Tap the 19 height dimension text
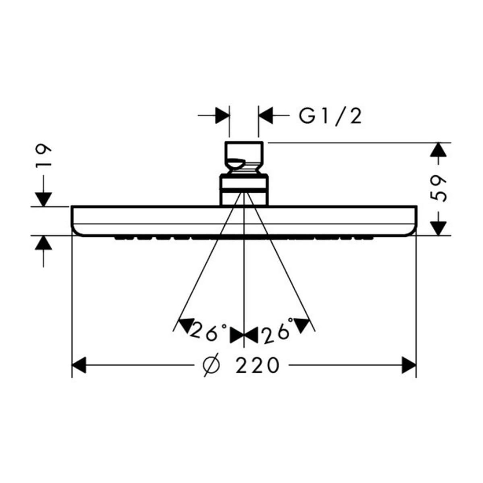[x=43, y=156]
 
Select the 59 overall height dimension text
[x=438, y=189]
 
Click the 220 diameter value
[x=257, y=365]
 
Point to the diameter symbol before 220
[x=212, y=365]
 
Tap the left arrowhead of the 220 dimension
[x=79, y=365]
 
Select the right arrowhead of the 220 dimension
[x=409, y=365]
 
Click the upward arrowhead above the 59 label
[x=438, y=150]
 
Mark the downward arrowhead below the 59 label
[x=438, y=228]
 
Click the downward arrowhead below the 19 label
[x=43, y=199]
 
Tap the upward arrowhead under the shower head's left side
[x=43, y=243]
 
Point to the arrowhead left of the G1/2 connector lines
[x=222, y=116]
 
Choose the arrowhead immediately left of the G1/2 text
[x=266, y=116]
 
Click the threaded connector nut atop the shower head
[x=244, y=157]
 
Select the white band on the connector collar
[x=244, y=184]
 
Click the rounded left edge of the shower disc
[x=74, y=221]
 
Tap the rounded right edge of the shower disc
[x=414, y=221]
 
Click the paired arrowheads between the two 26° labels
[x=244, y=336]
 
